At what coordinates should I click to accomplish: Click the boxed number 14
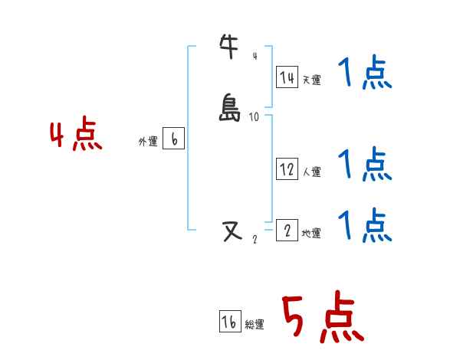click(x=287, y=77)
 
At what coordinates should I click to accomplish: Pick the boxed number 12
click(x=287, y=170)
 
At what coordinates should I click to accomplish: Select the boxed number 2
click(x=287, y=230)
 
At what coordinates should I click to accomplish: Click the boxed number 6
click(x=174, y=139)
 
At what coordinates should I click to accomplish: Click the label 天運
click(x=312, y=79)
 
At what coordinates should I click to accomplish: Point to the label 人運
click(x=312, y=172)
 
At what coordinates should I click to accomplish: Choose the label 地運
click(x=312, y=233)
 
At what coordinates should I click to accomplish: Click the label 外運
click(x=148, y=142)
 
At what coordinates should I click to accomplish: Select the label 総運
click(x=255, y=325)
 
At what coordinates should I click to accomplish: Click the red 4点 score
click(x=76, y=136)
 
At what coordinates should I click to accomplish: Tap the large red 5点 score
click(x=321, y=318)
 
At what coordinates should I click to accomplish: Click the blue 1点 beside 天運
click(x=365, y=74)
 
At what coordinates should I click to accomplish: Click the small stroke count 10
click(x=255, y=117)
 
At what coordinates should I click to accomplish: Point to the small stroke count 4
click(x=255, y=55)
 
